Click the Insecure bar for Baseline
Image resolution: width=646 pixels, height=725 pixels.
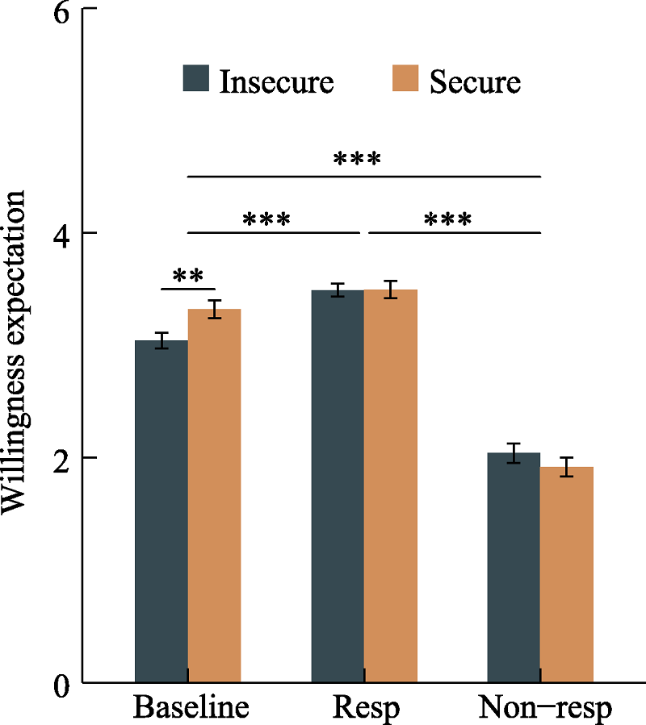[161, 511]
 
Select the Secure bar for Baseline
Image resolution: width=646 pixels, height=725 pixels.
[215, 496]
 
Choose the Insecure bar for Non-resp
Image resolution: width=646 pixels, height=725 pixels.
[514, 568]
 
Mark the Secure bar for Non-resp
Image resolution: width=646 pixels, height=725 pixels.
[567, 575]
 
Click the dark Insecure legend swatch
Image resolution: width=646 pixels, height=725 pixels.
[196, 78]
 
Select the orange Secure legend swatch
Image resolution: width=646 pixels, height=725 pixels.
[405, 78]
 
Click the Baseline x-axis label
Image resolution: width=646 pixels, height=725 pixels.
[191, 708]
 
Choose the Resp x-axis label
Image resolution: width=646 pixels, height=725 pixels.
[366, 709]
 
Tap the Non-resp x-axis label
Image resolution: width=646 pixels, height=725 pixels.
[545, 709]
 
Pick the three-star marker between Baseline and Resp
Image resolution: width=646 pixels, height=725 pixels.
[266, 220]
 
